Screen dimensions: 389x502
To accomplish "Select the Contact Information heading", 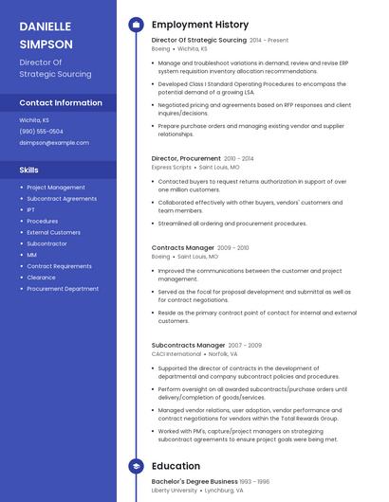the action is [x=61, y=102].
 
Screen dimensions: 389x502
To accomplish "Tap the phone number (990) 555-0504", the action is [x=42, y=132].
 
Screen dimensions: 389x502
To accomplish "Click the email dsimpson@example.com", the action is [x=54, y=143].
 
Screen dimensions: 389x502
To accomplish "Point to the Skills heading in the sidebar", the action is [x=29, y=170].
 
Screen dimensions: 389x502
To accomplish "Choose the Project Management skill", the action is [x=56, y=188].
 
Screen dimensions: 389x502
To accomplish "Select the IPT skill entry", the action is [x=31, y=210].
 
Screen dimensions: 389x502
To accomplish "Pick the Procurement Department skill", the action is [x=63, y=289].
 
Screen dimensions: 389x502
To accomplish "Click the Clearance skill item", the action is [x=41, y=278].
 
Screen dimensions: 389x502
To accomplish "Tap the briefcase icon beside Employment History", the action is [x=136, y=25].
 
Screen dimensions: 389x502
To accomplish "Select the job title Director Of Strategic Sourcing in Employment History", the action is [x=198, y=40].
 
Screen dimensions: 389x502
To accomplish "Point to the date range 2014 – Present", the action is [x=269, y=41].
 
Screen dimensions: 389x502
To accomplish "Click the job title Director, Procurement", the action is [x=186, y=158].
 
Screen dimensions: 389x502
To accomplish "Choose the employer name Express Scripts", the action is [x=172, y=167].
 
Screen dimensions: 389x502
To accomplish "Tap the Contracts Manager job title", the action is [x=183, y=247].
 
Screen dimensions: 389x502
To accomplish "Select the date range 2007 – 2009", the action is [x=245, y=346].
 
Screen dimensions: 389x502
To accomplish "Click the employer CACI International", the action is [x=176, y=354].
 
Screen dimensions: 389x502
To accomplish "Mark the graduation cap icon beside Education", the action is [x=136, y=466].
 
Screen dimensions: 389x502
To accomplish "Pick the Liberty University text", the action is [x=175, y=491].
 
